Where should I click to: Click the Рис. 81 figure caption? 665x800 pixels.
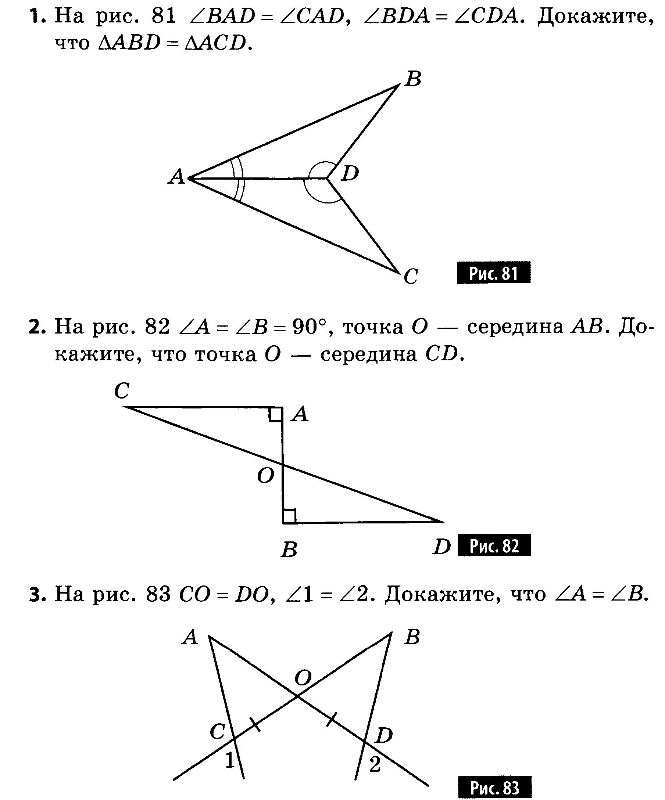pyautogui.click(x=493, y=273)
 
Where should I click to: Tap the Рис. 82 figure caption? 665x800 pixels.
pyautogui.click(x=494, y=545)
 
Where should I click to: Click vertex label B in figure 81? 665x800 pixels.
pyautogui.click(x=413, y=79)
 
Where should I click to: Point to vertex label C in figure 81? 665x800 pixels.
pyautogui.click(x=411, y=276)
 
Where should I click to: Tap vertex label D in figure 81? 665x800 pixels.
pyautogui.click(x=350, y=173)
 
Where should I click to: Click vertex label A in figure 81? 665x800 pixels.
pyautogui.click(x=177, y=177)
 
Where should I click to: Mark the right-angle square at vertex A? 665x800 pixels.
pyautogui.click(x=275, y=414)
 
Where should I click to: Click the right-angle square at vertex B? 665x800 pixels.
pyautogui.click(x=289, y=516)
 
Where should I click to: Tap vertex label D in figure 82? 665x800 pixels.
pyautogui.click(x=441, y=547)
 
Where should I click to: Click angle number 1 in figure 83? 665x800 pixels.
pyautogui.click(x=229, y=761)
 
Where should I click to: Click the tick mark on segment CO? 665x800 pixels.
pyautogui.click(x=255, y=724)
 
